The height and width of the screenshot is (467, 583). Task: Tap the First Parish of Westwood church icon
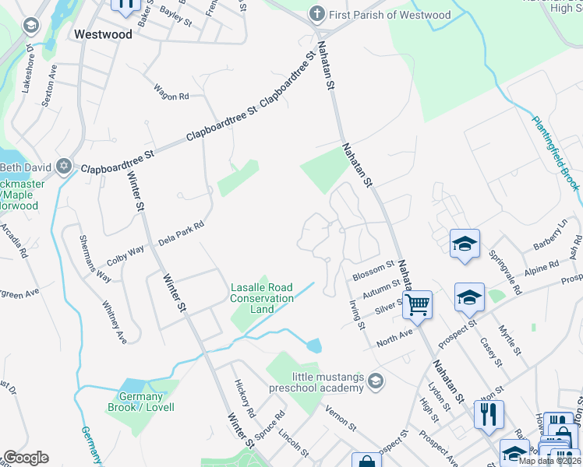click(316, 14)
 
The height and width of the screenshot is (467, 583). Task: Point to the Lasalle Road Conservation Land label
click(262, 298)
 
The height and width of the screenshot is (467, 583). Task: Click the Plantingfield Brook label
click(556, 153)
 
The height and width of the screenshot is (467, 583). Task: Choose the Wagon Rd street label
click(171, 92)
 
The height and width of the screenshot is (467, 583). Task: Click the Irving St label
click(356, 314)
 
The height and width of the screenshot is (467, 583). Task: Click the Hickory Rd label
click(243, 398)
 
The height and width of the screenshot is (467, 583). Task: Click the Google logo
click(26, 458)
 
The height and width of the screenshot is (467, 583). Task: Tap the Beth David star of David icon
click(65, 167)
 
